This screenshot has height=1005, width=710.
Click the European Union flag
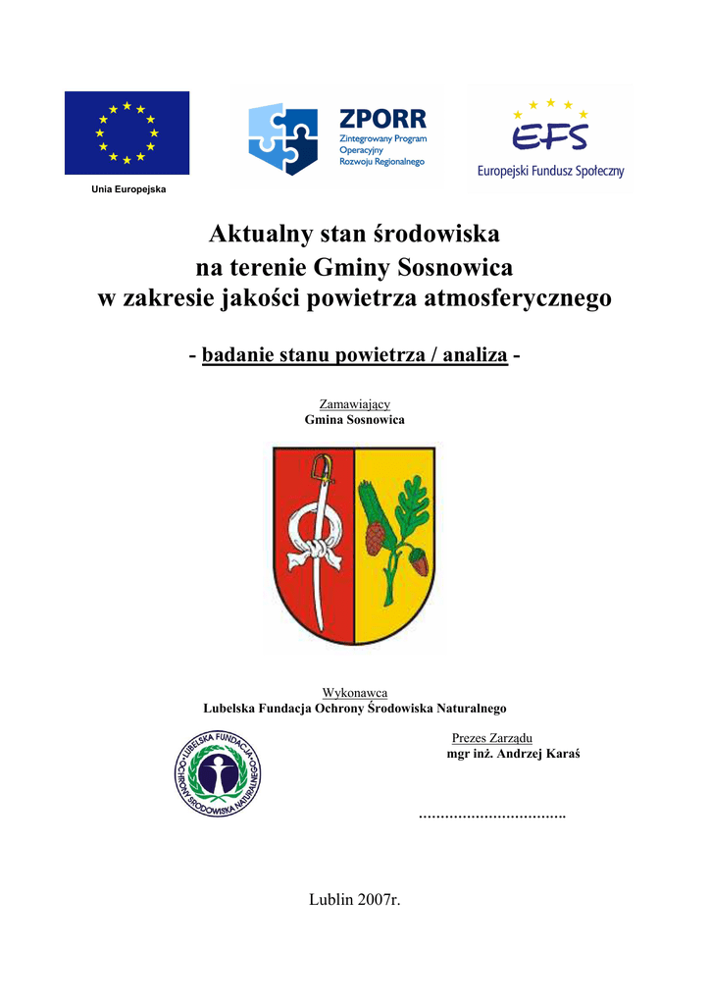click(127, 132)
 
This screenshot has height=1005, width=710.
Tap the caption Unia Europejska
click(128, 188)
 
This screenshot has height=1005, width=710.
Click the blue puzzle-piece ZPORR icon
click(283, 138)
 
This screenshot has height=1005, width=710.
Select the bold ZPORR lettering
click(382, 120)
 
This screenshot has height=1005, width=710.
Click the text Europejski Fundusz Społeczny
click(550, 171)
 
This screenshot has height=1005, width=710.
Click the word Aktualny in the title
click(257, 235)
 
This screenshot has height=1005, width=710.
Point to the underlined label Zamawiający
click(354, 403)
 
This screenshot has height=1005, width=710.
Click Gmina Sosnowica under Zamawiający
click(354, 419)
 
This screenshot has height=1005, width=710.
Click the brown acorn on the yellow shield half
click(419, 563)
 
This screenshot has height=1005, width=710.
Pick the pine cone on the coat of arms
click(376, 537)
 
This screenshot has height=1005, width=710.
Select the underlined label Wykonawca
click(354, 693)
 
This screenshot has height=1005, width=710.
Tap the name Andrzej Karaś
click(537, 755)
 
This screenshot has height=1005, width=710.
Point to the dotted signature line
click(492, 816)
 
